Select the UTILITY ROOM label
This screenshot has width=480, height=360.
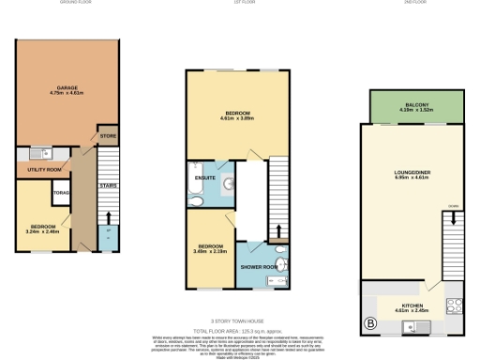click(44, 169)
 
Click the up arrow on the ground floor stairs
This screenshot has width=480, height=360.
click(107, 228)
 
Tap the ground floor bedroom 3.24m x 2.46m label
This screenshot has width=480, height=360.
click(44, 228)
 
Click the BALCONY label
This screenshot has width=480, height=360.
click(417, 107)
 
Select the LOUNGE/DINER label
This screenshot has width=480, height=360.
click(411, 174)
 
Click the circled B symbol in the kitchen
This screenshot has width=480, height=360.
click(369, 325)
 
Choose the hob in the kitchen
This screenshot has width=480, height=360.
click(455, 304)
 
